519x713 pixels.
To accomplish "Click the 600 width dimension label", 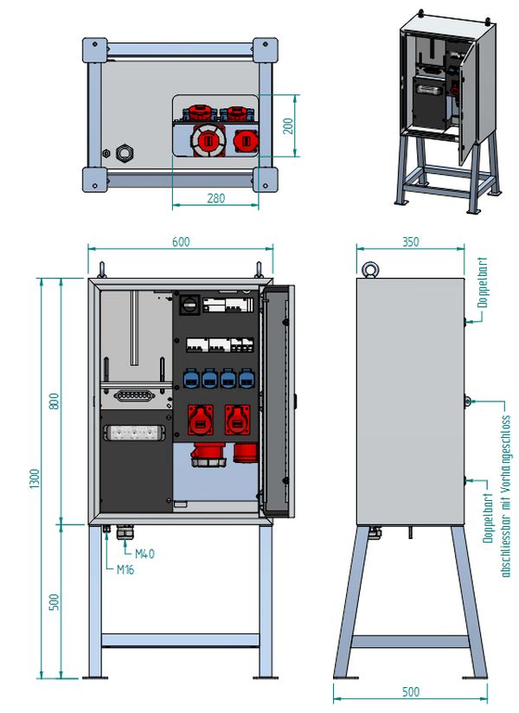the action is [x=181, y=241].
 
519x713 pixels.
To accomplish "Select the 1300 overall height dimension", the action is [x=35, y=479].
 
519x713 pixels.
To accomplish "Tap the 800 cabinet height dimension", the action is [x=54, y=401].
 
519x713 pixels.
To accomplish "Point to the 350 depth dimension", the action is [x=410, y=241].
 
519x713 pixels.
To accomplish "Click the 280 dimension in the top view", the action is [x=216, y=198].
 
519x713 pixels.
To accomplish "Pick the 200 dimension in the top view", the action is [x=288, y=126].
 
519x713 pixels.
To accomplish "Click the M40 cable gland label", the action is [x=144, y=554].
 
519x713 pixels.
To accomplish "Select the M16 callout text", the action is [x=125, y=569].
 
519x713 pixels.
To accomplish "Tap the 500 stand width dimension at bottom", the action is [x=410, y=691].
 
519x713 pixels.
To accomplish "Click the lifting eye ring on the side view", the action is [x=370, y=269].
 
